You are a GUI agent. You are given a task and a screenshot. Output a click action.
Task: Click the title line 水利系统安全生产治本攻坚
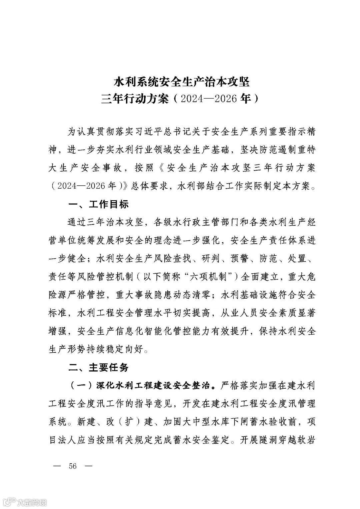pyautogui.click(x=182, y=81)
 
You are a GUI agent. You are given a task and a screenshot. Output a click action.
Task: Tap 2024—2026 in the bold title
pyautogui.click(x=206, y=99)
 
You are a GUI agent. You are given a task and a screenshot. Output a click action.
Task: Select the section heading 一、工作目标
pyautogui.click(x=98, y=204)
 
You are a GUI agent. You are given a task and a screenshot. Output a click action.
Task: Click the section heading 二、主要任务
pyautogui.click(x=98, y=367)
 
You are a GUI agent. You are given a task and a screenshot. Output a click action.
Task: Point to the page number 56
pyautogui.click(x=73, y=466)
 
